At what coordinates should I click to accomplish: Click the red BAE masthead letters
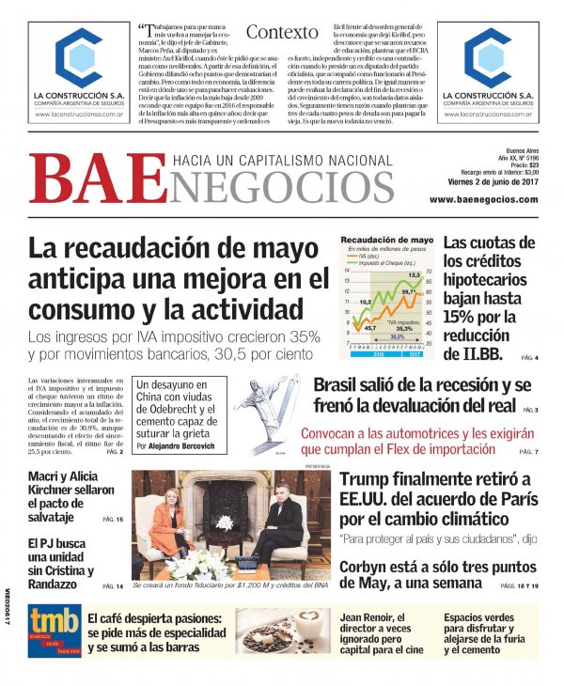point(86,180)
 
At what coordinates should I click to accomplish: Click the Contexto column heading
point(282,32)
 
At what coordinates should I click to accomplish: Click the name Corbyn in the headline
point(368,567)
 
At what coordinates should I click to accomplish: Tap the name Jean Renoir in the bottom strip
point(372,617)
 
